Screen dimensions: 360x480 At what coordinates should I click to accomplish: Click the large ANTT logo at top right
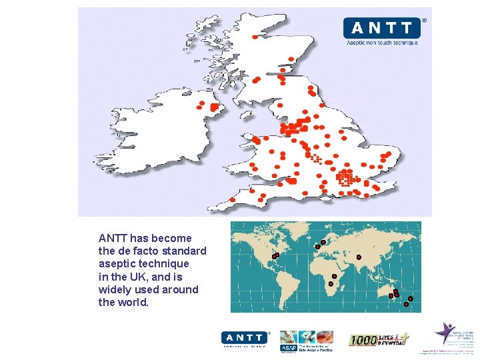[382, 29]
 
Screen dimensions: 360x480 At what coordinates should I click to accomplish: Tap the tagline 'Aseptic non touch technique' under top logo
[382, 43]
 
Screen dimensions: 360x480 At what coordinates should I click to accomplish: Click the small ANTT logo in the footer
[244, 338]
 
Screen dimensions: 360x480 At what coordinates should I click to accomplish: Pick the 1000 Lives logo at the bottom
[377, 339]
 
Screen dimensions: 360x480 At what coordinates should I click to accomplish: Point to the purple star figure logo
[445, 333]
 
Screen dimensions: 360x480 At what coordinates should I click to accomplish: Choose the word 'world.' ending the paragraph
[133, 302]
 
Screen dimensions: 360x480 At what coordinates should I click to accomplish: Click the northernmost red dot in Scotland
[255, 37]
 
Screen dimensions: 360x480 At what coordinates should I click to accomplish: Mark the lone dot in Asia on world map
[359, 257]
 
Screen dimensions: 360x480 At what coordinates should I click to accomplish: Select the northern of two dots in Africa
[334, 276]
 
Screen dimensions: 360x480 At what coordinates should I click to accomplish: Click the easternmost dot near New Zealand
[410, 298]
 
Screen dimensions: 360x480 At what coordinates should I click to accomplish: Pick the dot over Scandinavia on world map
[323, 241]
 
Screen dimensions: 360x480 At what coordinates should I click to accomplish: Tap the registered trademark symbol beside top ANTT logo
[424, 20]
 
